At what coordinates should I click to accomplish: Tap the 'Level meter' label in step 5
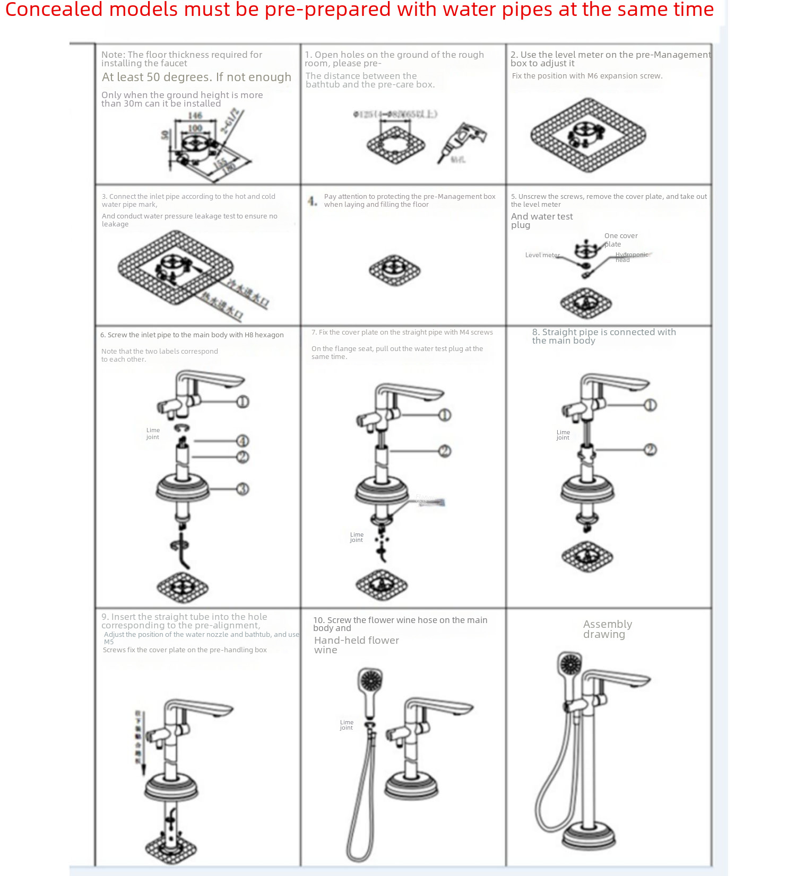[542, 255]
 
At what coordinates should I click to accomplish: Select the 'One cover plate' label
[620, 240]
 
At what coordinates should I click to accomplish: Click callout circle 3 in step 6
[243, 488]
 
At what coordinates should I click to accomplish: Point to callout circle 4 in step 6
[243, 441]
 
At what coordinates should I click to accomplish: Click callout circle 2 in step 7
[445, 451]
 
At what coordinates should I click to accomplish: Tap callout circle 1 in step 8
[651, 405]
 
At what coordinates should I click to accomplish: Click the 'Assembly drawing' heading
[607, 629]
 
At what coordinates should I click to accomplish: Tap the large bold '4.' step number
[313, 201]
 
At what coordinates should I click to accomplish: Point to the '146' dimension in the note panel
[195, 116]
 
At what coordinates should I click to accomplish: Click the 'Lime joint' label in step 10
[347, 725]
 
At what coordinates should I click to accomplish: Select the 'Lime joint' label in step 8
[563, 435]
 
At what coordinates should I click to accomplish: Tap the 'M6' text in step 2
[592, 76]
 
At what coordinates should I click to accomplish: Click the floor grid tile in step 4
[395, 270]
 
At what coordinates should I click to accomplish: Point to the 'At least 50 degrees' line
[196, 77]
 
